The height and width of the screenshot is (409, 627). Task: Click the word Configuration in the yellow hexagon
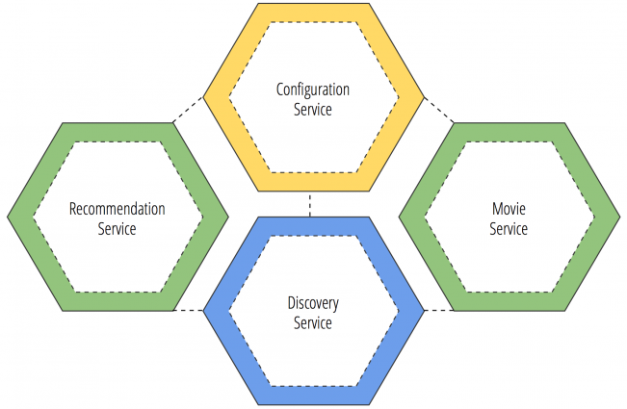pyautogui.click(x=313, y=90)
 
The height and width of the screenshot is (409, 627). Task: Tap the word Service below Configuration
pyautogui.click(x=313, y=109)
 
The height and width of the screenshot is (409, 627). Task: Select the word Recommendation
pyautogui.click(x=117, y=209)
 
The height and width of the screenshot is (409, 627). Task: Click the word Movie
pyautogui.click(x=509, y=209)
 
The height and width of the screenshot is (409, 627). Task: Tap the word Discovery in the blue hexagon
pyautogui.click(x=313, y=304)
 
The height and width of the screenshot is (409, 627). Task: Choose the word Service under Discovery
pyautogui.click(x=313, y=322)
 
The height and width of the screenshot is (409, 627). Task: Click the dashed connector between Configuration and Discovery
pyautogui.click(x=310, y=205)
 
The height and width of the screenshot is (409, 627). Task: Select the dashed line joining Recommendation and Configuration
pyautogui.click(x=190, y=109)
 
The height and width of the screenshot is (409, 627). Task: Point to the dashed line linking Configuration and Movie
pyautogui.click(x=438, y=109)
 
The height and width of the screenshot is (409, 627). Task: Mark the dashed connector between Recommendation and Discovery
pyautogui.click(x=190, y=310)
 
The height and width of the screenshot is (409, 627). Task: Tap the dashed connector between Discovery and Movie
pyautogui.click(x=438, y=310)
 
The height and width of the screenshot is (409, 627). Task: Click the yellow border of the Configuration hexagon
pyautogui.click(x=313, y=12)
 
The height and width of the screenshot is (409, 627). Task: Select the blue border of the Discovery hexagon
pyautogui.click(x=313, y=227)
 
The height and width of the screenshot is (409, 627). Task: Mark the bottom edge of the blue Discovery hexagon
pyautogui.click(x=313, y=401)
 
